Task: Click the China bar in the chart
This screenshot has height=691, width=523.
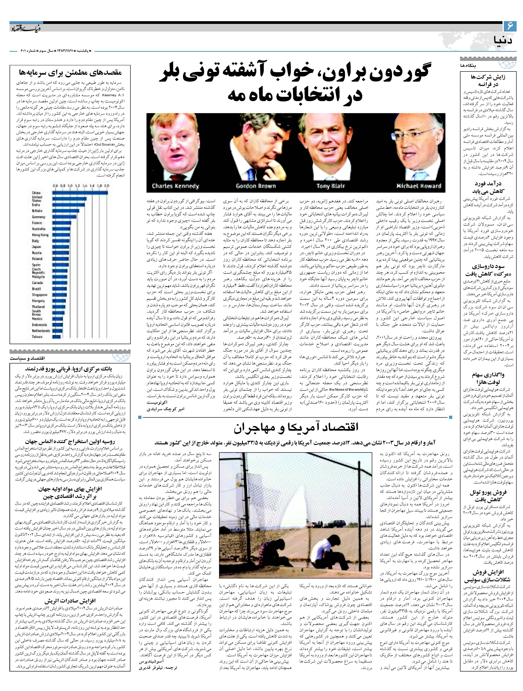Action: coord(80,193)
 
